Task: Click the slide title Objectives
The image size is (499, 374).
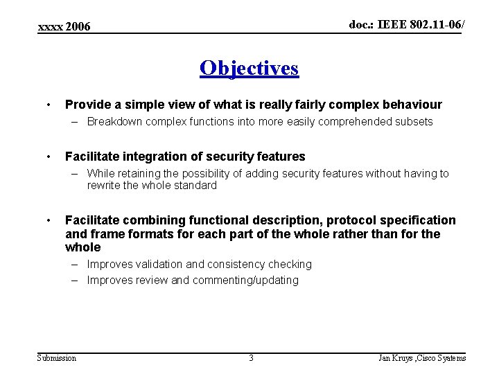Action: pos(249,68)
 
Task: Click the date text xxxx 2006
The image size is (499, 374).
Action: pos(64,26)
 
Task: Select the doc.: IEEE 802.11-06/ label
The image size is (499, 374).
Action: pos(406,24)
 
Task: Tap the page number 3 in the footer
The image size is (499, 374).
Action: pos(251,357)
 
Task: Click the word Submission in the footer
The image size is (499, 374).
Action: pos(57,357)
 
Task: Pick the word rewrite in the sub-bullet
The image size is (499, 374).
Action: pos(103,185)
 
